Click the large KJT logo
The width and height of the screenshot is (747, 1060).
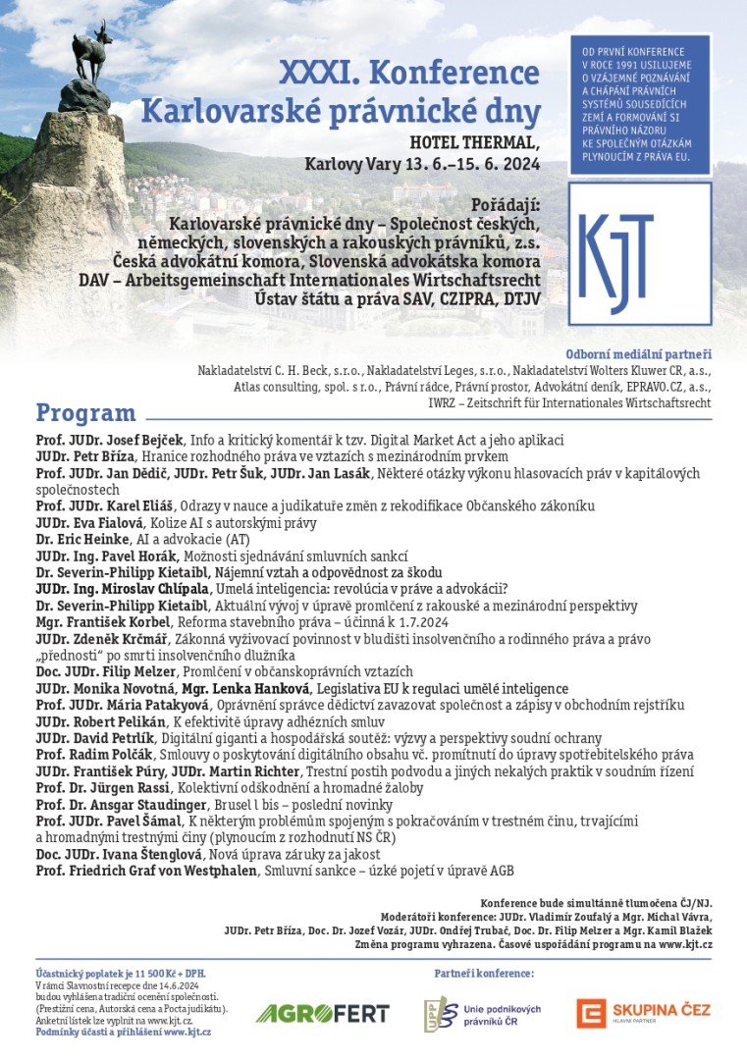pyautogui.click(x=640, y=252)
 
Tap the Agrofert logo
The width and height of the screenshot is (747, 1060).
pyautogui.click(x=322, y=1013)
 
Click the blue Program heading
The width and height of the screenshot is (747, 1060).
pyautogui.click(x=86, y=412)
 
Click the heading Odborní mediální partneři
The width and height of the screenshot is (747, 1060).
pyautogui.click(x=638, y=354)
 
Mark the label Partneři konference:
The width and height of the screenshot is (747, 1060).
pyautogui.click(x=484, y=973)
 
